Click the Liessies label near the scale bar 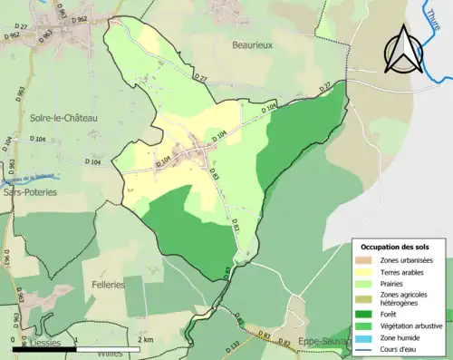43,345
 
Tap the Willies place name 110,355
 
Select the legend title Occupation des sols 395,247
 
